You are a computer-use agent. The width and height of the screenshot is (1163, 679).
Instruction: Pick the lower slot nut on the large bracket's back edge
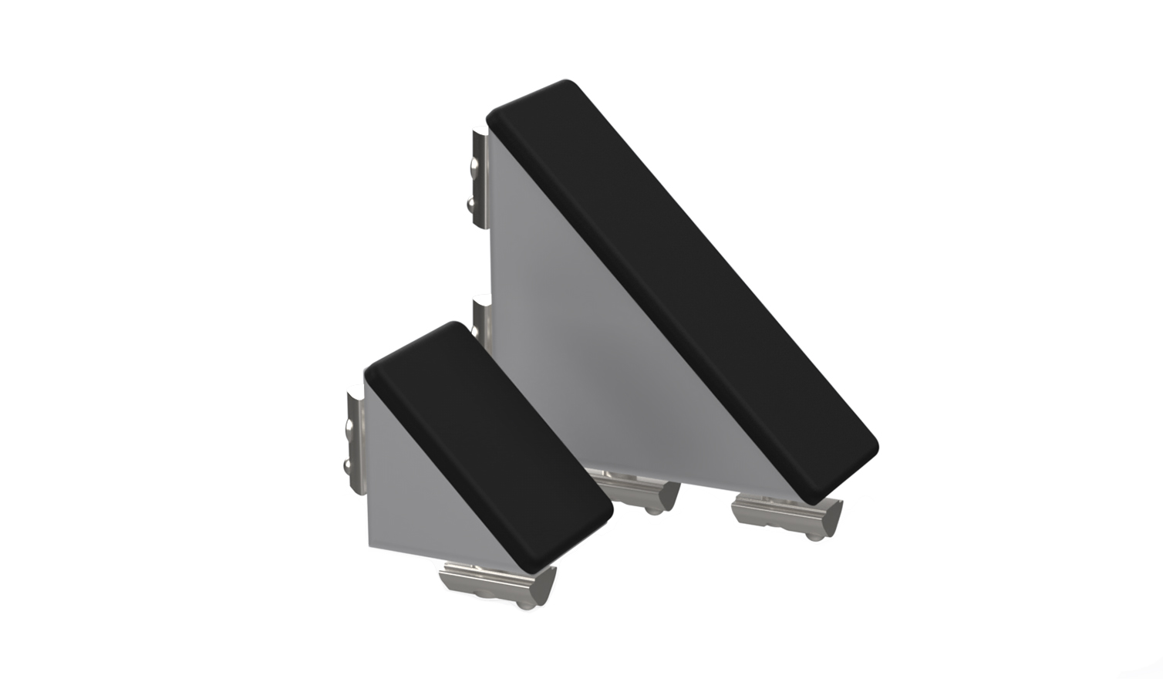482,320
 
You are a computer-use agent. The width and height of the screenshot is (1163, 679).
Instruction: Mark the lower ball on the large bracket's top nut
470,204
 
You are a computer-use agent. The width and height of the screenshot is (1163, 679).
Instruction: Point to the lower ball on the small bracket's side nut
346,465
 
